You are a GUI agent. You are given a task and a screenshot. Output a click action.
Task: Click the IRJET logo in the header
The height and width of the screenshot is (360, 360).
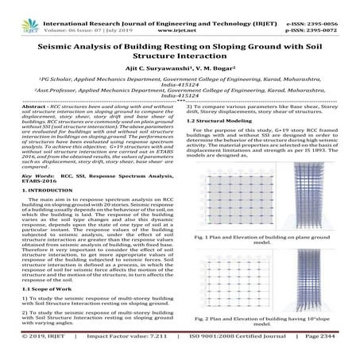coord(17,10)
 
